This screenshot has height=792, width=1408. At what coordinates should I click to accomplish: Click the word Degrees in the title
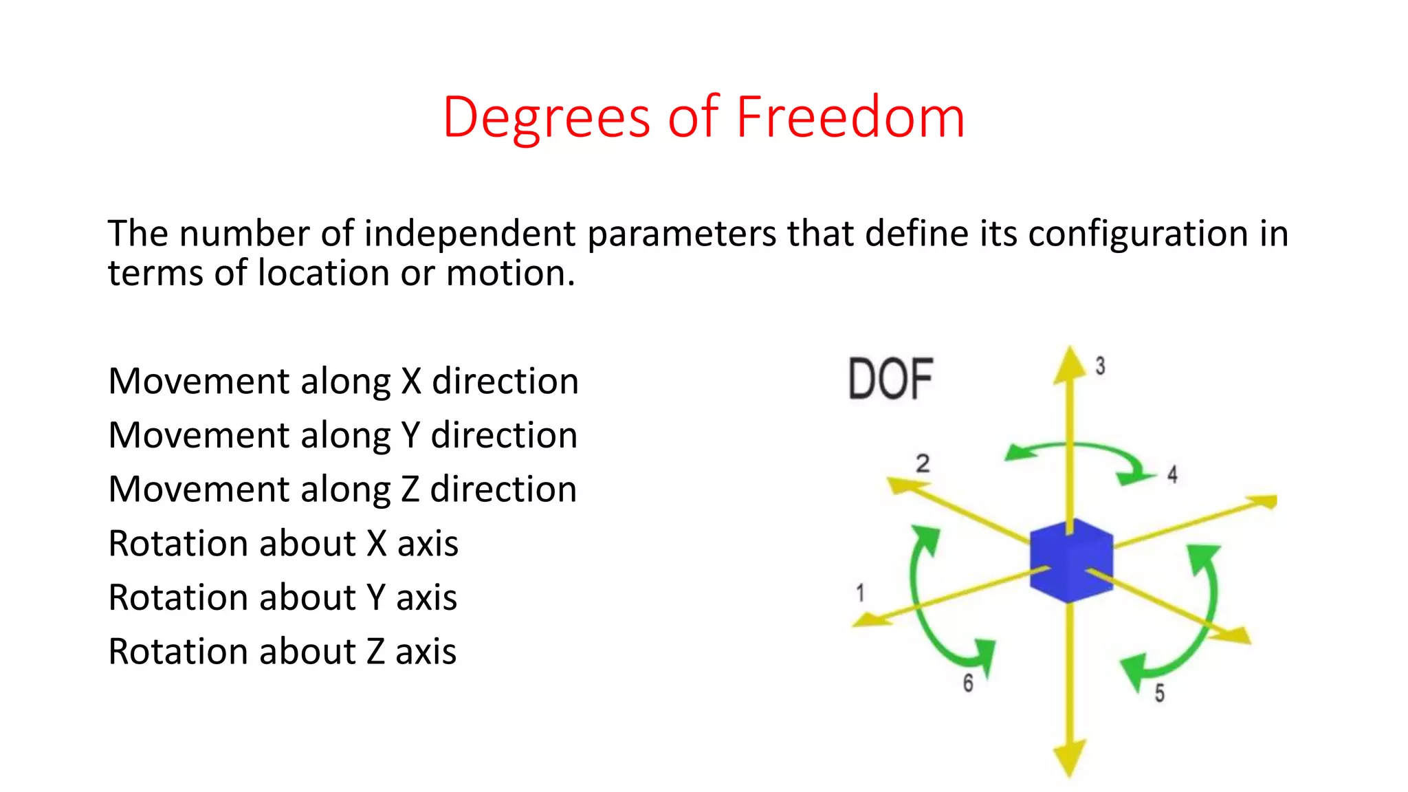click(x=547, y=118)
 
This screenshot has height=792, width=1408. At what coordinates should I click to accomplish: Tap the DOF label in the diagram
click(x=890, y=379)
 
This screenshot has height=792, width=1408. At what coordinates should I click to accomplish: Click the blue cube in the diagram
click(x=1071, y=561)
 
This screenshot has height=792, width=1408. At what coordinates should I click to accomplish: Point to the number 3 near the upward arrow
click(x=1100, y=366)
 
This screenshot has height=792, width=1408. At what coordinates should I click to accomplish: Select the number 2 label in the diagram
click(x=923, y=463)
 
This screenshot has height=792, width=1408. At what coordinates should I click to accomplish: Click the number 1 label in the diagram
click(x=860, y=593)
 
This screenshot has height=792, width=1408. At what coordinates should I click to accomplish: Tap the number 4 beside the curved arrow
click(x=1172, y=474)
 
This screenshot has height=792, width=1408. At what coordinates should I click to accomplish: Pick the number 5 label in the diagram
click(x=1159, y=693)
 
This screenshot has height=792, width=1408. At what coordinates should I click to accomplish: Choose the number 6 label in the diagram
click(x=968, y=683)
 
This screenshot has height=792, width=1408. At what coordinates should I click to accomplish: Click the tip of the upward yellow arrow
click(x=1070, y=351)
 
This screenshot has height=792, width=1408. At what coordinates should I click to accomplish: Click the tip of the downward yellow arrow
click(x=1070, y=773)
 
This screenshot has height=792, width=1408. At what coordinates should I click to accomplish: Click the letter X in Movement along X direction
click(x=411, y=382)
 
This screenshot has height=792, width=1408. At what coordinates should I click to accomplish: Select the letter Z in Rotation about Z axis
click(x=375, y=652)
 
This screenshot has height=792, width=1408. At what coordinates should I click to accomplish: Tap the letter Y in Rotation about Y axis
click(x=375, y=597)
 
